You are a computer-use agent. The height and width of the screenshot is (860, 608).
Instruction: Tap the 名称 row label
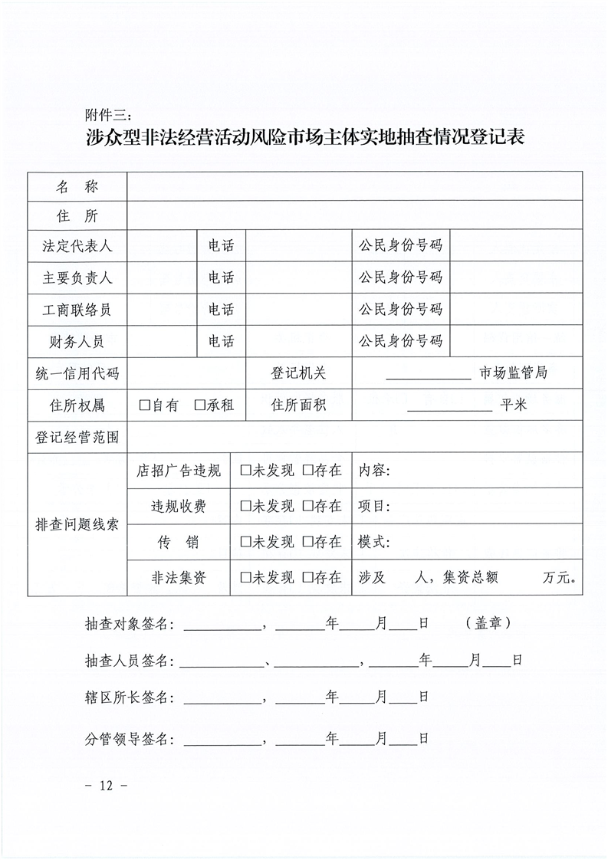coord(77,186)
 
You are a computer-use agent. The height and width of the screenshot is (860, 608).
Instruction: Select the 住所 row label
coord(77,217)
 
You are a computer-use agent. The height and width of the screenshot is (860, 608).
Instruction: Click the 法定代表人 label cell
coord(77,246)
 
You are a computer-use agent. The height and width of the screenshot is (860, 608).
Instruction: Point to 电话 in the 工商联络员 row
coord(221,310)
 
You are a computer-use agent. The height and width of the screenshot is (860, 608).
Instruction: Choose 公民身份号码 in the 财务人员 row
coord(400,341)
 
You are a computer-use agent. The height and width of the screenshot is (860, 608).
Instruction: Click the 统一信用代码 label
coord(77,374)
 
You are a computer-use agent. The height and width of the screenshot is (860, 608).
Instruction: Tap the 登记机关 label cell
coord(298,373)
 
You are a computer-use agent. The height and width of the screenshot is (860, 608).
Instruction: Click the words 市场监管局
coord(513,373)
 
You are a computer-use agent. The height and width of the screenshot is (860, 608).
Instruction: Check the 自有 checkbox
coord(144,405)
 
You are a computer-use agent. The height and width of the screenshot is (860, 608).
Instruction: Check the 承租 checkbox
coord(199,405)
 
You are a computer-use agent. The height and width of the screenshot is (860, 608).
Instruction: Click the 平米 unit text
coord(514,405)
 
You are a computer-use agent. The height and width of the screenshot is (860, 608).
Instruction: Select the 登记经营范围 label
coord(77,438)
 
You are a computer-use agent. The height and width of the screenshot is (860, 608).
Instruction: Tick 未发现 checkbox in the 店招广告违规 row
coord(245,471)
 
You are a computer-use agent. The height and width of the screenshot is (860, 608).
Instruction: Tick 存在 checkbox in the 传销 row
coord(307,542)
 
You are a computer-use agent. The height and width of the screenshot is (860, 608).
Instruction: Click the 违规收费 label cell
coord(179,506)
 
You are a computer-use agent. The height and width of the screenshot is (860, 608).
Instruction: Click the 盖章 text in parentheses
coord(488,623)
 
